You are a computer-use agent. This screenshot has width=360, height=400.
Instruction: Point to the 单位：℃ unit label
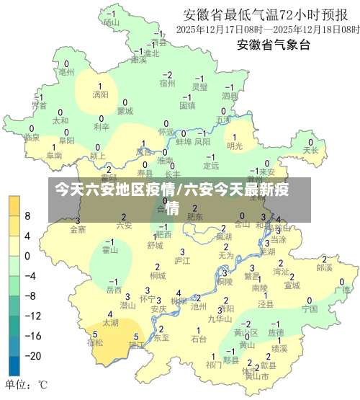point(27,384)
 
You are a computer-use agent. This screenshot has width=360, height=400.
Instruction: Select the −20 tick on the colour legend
point(32,356)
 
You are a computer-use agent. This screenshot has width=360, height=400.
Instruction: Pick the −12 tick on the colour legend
point(32,316)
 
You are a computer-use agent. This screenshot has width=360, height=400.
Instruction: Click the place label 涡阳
point(100,94)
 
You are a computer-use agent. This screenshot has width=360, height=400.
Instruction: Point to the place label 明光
point(235,146)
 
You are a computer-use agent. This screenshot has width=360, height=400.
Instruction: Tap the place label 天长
point(310,151)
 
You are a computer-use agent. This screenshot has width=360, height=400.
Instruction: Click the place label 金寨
point(78,229)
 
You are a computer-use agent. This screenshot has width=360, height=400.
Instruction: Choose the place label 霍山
point(109,250)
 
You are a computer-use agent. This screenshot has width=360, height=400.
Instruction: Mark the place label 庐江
point(182,260)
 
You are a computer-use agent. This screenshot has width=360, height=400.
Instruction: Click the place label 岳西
point(114,290)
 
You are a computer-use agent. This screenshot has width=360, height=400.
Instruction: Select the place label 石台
point(199,338)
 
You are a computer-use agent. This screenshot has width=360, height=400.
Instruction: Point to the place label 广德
point(341,290)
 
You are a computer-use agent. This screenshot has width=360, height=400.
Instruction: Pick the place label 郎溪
point(324,267)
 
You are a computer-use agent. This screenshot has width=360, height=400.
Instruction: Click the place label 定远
point(211,165)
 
